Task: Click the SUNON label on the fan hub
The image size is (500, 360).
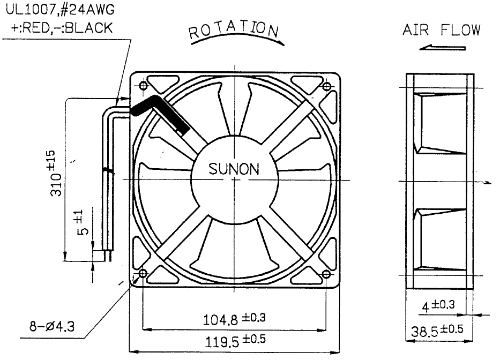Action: [x=234, y=169]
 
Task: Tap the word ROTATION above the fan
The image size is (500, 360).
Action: [x=234, y=29]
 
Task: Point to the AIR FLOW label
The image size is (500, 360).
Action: [x=442, y=30]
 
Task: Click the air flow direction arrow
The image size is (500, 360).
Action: [x=442, y=48]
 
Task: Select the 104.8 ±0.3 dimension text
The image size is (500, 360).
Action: [x=234, y=319]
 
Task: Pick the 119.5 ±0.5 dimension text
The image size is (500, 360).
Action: [x=235, y=341]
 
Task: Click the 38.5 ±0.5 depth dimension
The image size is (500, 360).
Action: [x=437, y=331]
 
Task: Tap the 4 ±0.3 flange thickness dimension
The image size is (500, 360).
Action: [x=438, y=306]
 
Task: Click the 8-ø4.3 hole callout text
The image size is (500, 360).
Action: [x=52, y=326]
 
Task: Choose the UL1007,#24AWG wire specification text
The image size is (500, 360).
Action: [x=60, y=10]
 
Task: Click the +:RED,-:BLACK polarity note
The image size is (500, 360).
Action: [x=62, y=28]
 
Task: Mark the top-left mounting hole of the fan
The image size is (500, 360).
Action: [x=143, y=86]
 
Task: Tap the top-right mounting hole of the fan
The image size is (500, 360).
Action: [x=327, y=86]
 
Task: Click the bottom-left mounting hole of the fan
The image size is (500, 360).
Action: [x=143, y=274]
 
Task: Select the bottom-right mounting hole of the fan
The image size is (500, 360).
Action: [x=326, y=274]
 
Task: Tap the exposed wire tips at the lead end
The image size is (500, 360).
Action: [x=108, y=256]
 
